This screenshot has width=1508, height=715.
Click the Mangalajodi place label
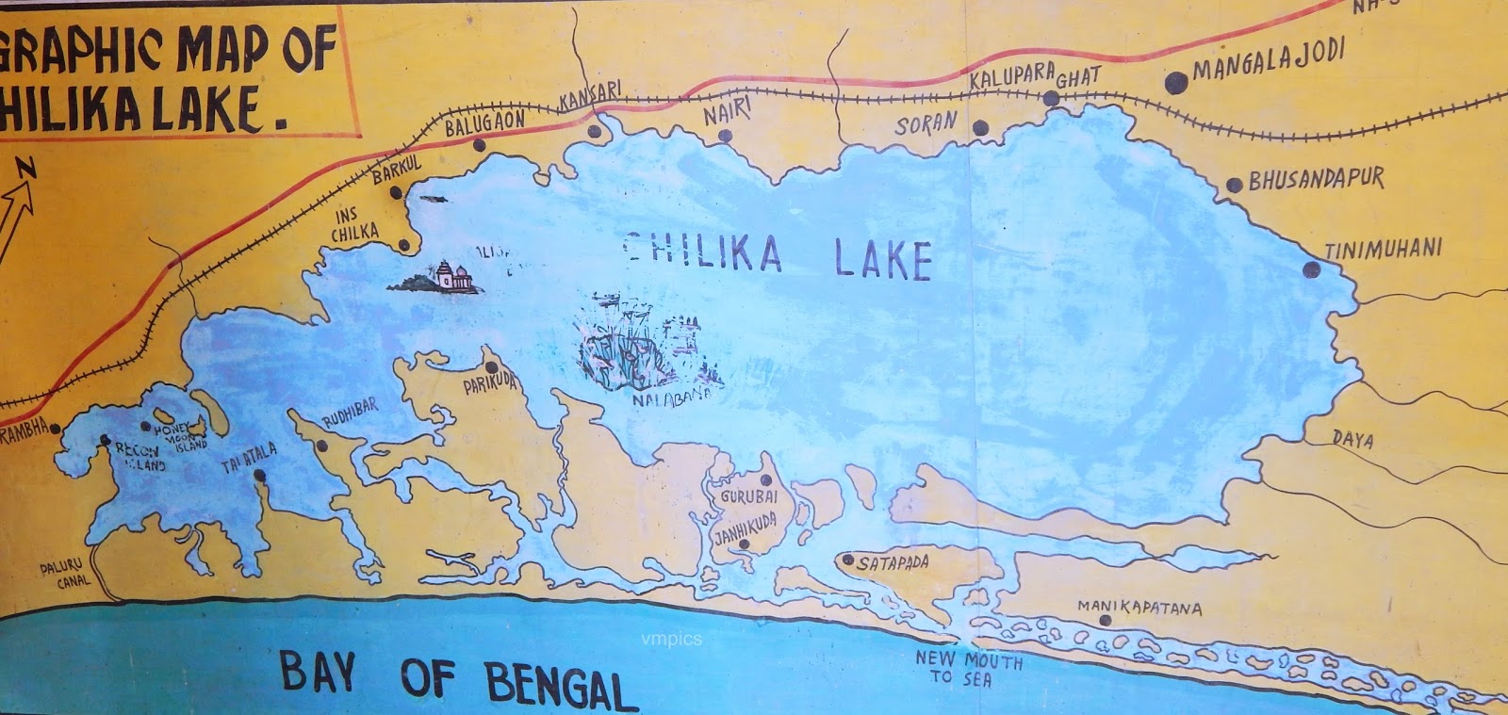point(1268,61)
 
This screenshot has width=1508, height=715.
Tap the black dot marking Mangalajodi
point(1174,84)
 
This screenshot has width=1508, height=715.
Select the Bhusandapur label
point(1316,179)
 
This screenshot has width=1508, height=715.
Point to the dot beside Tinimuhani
point(1311,270)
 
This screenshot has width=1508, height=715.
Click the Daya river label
point(1352,440)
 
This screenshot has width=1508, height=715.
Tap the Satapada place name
point(892,563)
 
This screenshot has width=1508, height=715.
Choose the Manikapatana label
point(1139,608)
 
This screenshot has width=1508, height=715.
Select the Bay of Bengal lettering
point(458,679)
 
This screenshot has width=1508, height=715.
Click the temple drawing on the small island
point(451,277)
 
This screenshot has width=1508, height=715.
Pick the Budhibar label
point(350,414)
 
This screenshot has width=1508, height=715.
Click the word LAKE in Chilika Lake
point(883,258)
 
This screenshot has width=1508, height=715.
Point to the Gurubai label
point(749,496)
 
